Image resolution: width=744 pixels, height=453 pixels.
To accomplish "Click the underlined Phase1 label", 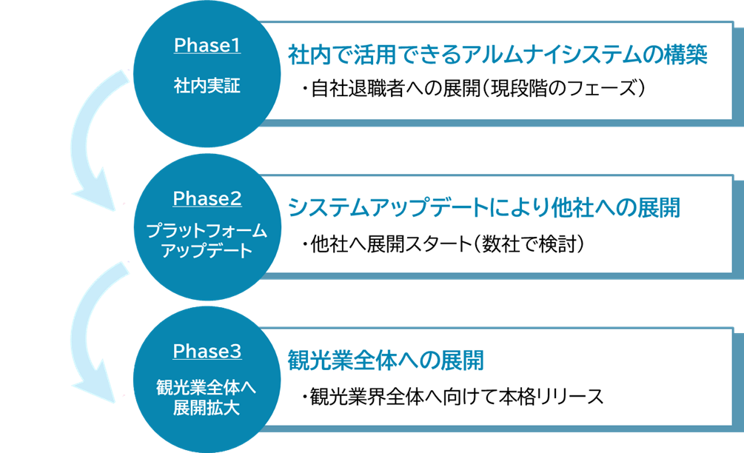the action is pyautogui.click(x=207, y=46).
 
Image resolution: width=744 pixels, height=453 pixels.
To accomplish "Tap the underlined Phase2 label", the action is pyautogui.click(x=207, y=199).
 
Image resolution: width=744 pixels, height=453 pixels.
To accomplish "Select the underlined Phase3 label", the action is pyautogui.click(x=207, y=352).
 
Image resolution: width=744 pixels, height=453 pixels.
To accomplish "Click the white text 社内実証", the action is pyautogui.click(x=207, y=86).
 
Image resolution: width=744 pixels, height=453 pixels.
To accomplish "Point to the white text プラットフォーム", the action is pyautogui.click(x=207, y=231).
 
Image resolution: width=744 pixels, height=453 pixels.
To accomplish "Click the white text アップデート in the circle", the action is pyautogui.click(x=207, y=251).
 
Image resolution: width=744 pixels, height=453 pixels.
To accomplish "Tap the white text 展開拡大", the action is pyautogui.click(x=207, y=408).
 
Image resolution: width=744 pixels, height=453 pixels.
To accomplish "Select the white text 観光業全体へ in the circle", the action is pyautogui.click(x=207, y=388).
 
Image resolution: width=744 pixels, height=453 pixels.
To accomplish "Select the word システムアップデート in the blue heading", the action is pyautogui.click(x=388, y=208).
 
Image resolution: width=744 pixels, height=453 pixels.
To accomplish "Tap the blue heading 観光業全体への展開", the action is pyautogui.click(x=386, y=360).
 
